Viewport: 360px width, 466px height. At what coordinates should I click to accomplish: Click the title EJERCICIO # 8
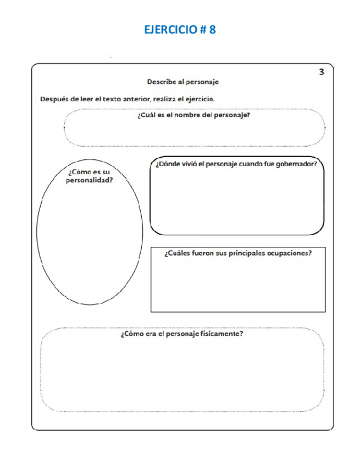tap(180, 30)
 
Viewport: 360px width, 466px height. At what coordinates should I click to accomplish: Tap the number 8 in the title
tap(212, 30)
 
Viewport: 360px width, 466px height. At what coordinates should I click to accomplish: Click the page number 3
tap(322, 71)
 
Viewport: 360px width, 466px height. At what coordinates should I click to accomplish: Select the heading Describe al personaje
tap(183, 81)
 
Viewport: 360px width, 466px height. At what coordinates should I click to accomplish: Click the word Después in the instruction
tap(53, 99)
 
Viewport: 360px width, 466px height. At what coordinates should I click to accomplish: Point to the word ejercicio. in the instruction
tap(199, 99)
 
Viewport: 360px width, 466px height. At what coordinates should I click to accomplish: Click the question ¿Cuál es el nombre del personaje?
tap(193, 116)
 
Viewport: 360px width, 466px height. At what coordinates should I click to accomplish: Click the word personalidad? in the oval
tap(90, 180)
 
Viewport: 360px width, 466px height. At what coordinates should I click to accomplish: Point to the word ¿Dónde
tap(167, 163)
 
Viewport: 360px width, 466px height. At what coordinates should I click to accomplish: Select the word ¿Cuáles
tap(177, 253)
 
